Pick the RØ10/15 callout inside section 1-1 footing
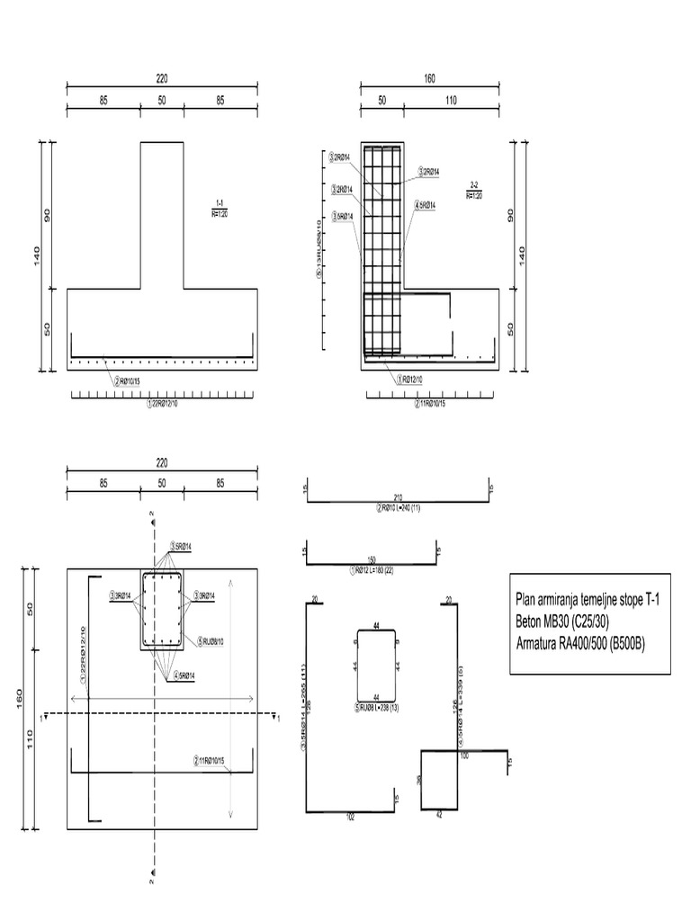[129, 381]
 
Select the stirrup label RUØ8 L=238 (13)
[377, 707]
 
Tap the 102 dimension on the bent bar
[350, 818]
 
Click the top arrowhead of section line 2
[152, 514]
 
